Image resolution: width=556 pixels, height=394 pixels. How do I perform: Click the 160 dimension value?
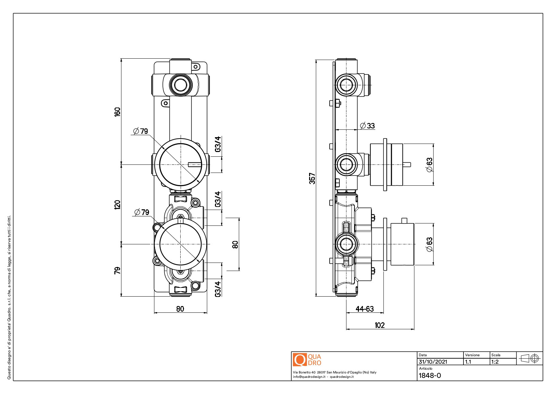[117, 112]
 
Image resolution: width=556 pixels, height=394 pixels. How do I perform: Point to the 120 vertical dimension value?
[117, 205]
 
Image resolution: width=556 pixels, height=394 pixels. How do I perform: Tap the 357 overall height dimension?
[312, 179]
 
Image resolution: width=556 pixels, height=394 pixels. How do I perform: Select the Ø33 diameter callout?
[367, 126]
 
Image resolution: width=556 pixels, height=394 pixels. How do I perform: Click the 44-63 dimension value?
[365, 309]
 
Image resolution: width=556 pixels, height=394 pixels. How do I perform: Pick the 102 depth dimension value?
[380, 325]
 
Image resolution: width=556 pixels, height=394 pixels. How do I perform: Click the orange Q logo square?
[300, 360]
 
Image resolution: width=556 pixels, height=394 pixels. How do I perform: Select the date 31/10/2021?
[433, 362]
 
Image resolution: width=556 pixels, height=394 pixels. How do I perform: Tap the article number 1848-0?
[430, 375]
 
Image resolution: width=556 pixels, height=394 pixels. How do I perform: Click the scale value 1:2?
[495, 362]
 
